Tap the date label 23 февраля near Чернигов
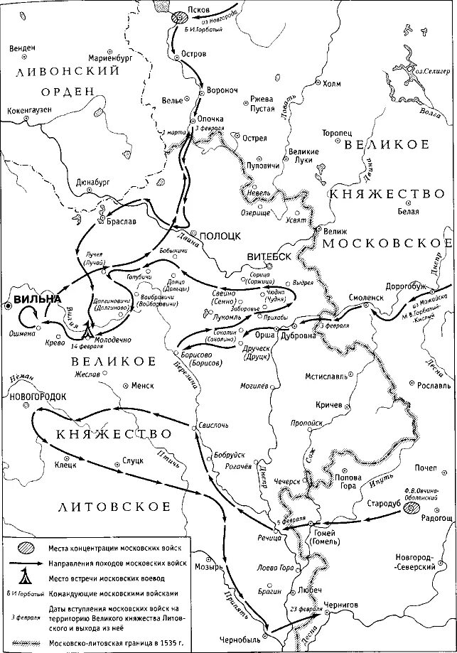click(x=307, y=589)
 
